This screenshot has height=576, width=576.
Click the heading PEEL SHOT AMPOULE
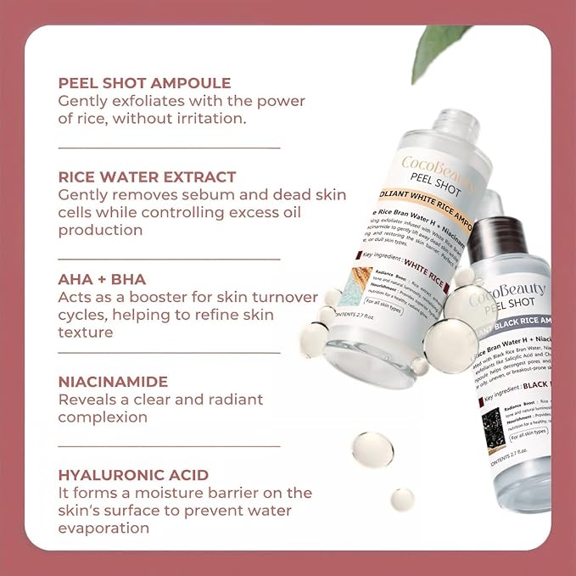143,83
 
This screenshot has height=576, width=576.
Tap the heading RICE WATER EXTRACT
147,176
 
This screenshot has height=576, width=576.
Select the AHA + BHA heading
102,279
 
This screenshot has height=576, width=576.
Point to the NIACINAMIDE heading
112,382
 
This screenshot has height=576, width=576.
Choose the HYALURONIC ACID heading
133,475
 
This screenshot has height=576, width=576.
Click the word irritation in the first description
209,118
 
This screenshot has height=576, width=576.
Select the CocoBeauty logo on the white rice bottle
438,166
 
